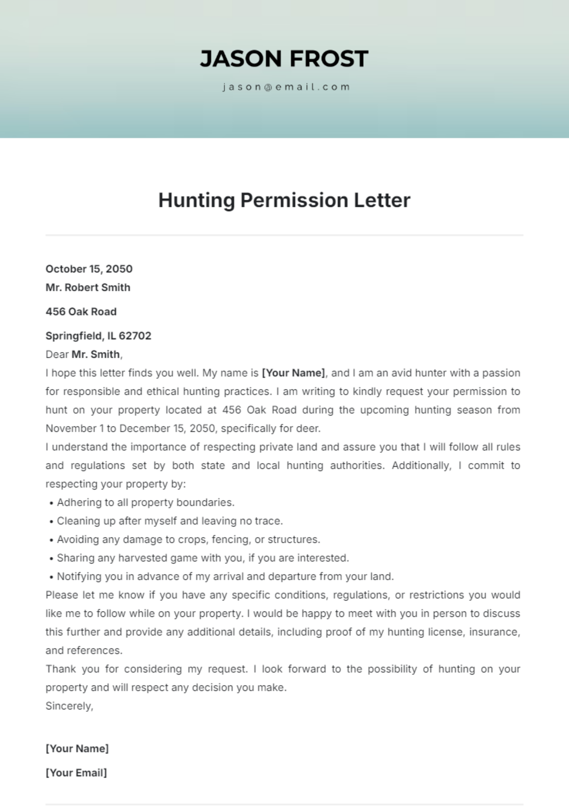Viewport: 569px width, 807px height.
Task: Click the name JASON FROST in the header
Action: click(284, 59)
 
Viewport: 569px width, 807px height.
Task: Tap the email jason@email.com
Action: click(286, 87)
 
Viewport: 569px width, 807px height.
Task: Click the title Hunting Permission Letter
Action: click(284, 200)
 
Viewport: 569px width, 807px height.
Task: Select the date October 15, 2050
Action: click(89, 269)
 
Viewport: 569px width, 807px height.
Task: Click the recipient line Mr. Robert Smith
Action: click(88, 288)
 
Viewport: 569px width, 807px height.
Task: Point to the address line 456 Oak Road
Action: click(81, 312)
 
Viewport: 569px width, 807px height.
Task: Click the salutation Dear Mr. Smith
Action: click(84, 354)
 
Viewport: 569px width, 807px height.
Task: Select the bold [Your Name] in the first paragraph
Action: click(294, 373)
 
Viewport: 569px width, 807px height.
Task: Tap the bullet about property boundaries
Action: click(146, 502)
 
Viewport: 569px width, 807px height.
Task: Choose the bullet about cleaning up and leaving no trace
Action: click(170, 521)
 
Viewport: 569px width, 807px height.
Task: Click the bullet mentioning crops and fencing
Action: click(188, 539)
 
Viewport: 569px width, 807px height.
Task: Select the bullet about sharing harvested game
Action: click(202, 558)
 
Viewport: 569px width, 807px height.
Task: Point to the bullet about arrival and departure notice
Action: click(225, 576)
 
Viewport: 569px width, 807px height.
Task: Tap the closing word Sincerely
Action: click(69, 706)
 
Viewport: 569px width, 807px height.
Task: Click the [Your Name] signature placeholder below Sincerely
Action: click(77, 749)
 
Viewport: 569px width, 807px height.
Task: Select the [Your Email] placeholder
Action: click(76, 773)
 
